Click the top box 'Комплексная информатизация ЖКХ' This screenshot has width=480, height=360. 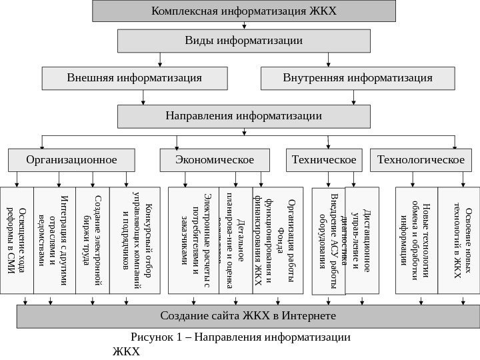point(244,11)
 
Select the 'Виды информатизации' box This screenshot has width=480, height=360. point(244,41)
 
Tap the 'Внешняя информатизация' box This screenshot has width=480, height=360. point(134,78)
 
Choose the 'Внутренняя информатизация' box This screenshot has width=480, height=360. point(357,78)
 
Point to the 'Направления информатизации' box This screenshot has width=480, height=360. point(244,116)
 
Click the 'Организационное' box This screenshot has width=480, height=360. point(71,160)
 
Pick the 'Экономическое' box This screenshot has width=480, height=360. point(215,160)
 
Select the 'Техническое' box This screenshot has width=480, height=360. point(324,160)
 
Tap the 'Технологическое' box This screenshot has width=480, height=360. point(421,160)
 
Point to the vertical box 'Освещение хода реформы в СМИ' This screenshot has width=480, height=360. point(17,240)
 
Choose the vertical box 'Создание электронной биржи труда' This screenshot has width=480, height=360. point(93,240)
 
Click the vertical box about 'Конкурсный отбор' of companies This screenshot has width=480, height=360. point(138,240)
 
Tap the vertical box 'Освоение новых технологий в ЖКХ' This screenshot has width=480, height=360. point(458,240)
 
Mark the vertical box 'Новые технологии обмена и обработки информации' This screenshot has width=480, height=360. point(417,240)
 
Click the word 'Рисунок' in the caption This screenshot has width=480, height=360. point(153,337)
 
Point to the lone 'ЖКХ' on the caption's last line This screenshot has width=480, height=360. point(127,351)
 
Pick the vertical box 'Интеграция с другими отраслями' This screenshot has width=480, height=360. point(55,240)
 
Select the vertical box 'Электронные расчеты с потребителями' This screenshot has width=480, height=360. point(193,240)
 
